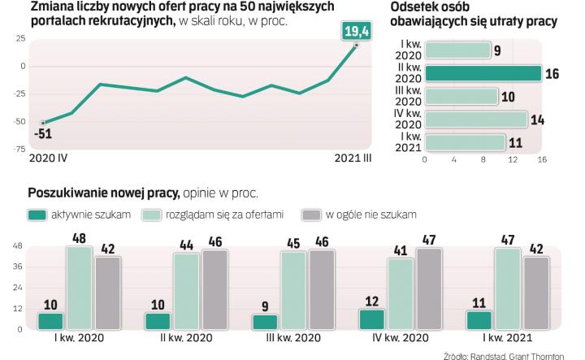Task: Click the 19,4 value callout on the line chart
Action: [356, 33]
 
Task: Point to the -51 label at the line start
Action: [43, 135]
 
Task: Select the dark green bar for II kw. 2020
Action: [483, 74]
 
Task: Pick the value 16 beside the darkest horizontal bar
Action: [552, 74]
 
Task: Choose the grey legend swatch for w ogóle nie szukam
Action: [310, 215]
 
